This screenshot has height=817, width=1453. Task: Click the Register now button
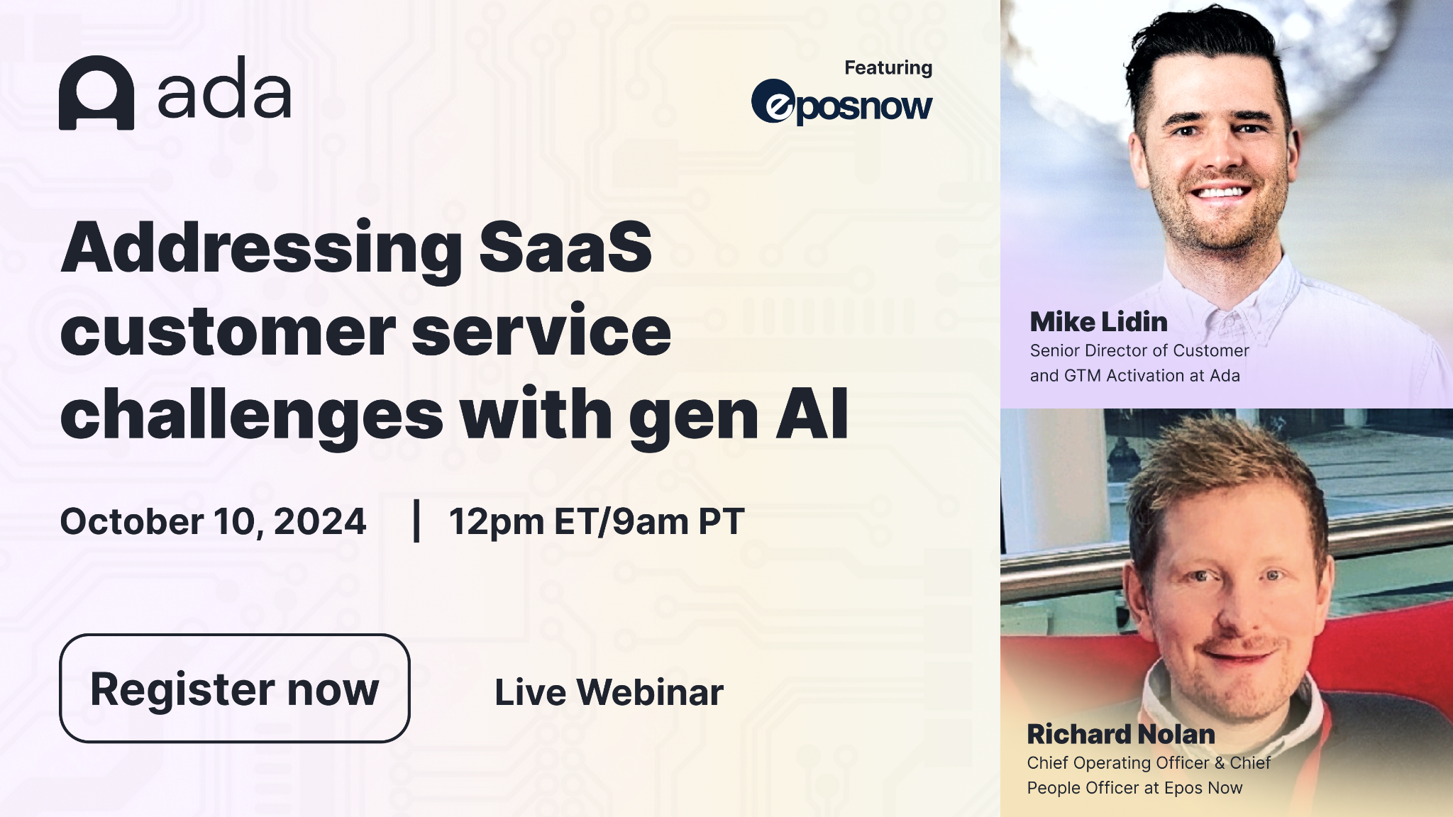[x=235, y=688]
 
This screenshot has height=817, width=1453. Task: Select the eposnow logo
[x=842, y=103]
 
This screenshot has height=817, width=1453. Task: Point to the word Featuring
[x=888, y=67]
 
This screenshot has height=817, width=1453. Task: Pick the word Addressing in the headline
[x=262, y=252]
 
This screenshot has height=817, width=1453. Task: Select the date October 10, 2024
[x=213, y=522]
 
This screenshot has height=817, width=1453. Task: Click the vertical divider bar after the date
[x=416, y=521]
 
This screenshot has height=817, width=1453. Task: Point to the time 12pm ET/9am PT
[x=597, y=522]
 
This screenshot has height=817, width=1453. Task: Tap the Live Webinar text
[x=609, y=692]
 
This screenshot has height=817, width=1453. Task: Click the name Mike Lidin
[x=1098, y=322]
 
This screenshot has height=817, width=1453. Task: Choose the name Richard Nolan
[x=1121, y=734]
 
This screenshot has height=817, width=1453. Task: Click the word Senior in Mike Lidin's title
[x=1055, y=350]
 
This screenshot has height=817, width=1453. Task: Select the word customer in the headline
[x=228, y=332]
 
